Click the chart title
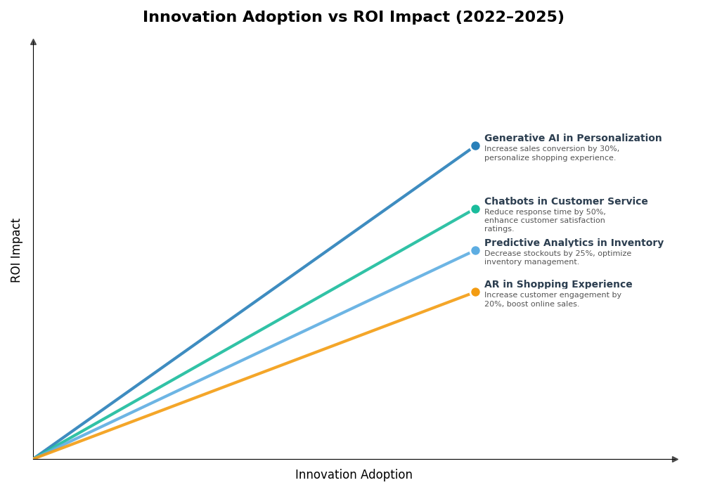(353, 18)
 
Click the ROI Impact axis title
(16, 250)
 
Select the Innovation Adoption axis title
(354, 475)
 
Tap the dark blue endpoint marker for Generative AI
(475, 146)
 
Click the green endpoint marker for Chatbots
(475, 209)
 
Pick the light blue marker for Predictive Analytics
(475, 250)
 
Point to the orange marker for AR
(475, 292)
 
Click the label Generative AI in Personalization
(572, 138)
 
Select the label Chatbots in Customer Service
(565, 202)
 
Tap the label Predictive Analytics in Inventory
(573, 243)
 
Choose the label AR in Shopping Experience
(557, 285)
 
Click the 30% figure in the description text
(610, 149)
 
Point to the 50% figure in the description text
(595, 212)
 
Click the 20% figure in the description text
(493, 304)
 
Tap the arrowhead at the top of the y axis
(33, 42)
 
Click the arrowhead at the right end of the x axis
(675, 459)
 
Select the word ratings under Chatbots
(498, 229)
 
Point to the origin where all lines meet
(34, 458)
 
